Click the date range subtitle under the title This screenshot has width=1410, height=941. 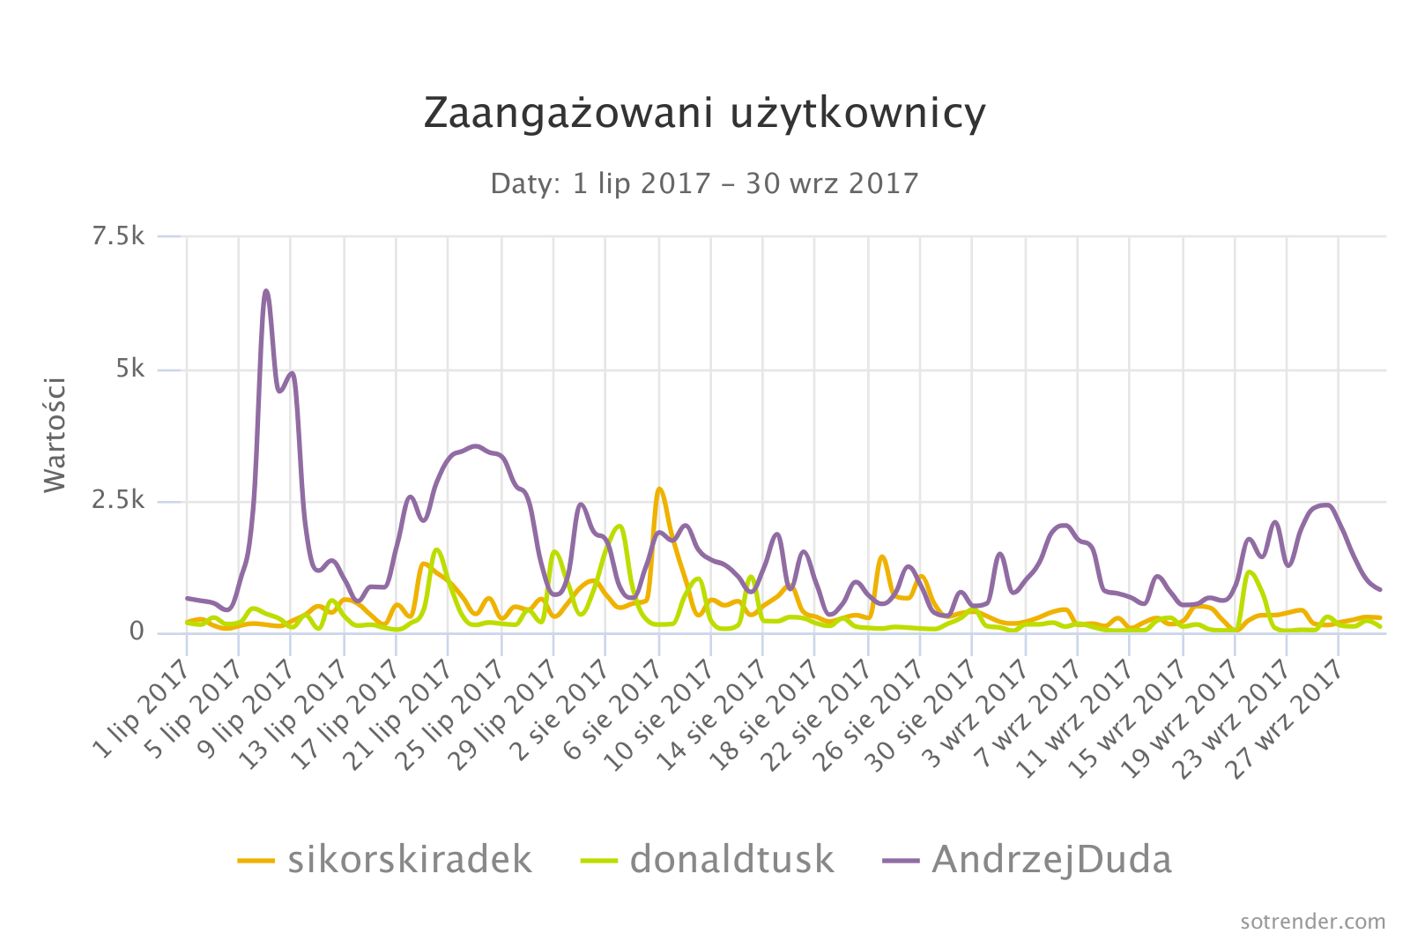pos(704,183)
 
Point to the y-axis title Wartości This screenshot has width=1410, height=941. pos(56,434)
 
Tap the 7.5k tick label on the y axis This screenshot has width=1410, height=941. pos(119,236)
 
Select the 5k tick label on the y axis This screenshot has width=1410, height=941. pos(130,369)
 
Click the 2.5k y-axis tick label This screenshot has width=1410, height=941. pos(119,501)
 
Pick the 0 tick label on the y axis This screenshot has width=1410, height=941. pos(137,632)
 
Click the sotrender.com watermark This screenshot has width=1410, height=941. pos(1312,922)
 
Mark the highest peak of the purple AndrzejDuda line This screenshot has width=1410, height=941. pos(266,291)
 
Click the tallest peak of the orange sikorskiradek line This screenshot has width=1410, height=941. pos(659,489)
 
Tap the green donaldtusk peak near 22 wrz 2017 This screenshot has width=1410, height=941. pos(1249,572)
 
